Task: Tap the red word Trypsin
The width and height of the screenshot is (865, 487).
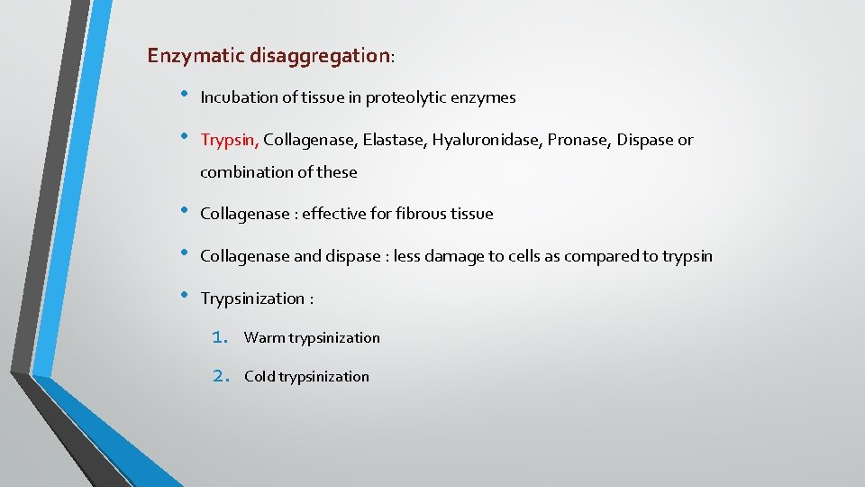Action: point(229,140)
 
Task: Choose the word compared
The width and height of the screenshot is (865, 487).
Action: point(584,256)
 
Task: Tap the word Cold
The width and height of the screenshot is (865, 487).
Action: point(260,377)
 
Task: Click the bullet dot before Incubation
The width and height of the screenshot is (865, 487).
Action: point(184,95)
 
